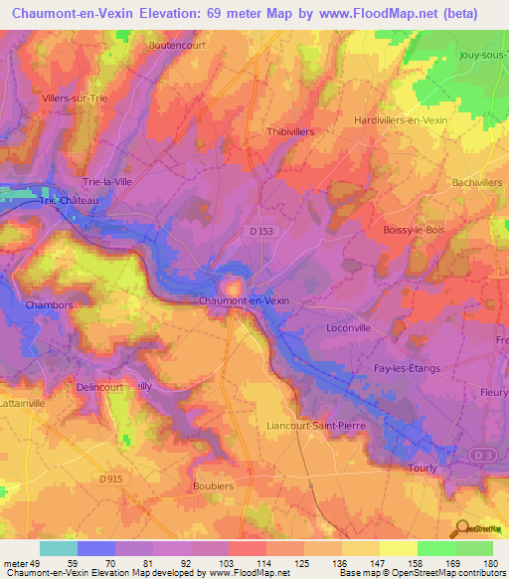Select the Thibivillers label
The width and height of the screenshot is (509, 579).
pyautogui.click(x=291, y=130)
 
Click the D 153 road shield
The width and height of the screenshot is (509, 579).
pyautogui.click(x=261, y=231)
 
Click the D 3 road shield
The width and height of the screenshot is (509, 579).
pyautogui.click(x=483, y=455)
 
